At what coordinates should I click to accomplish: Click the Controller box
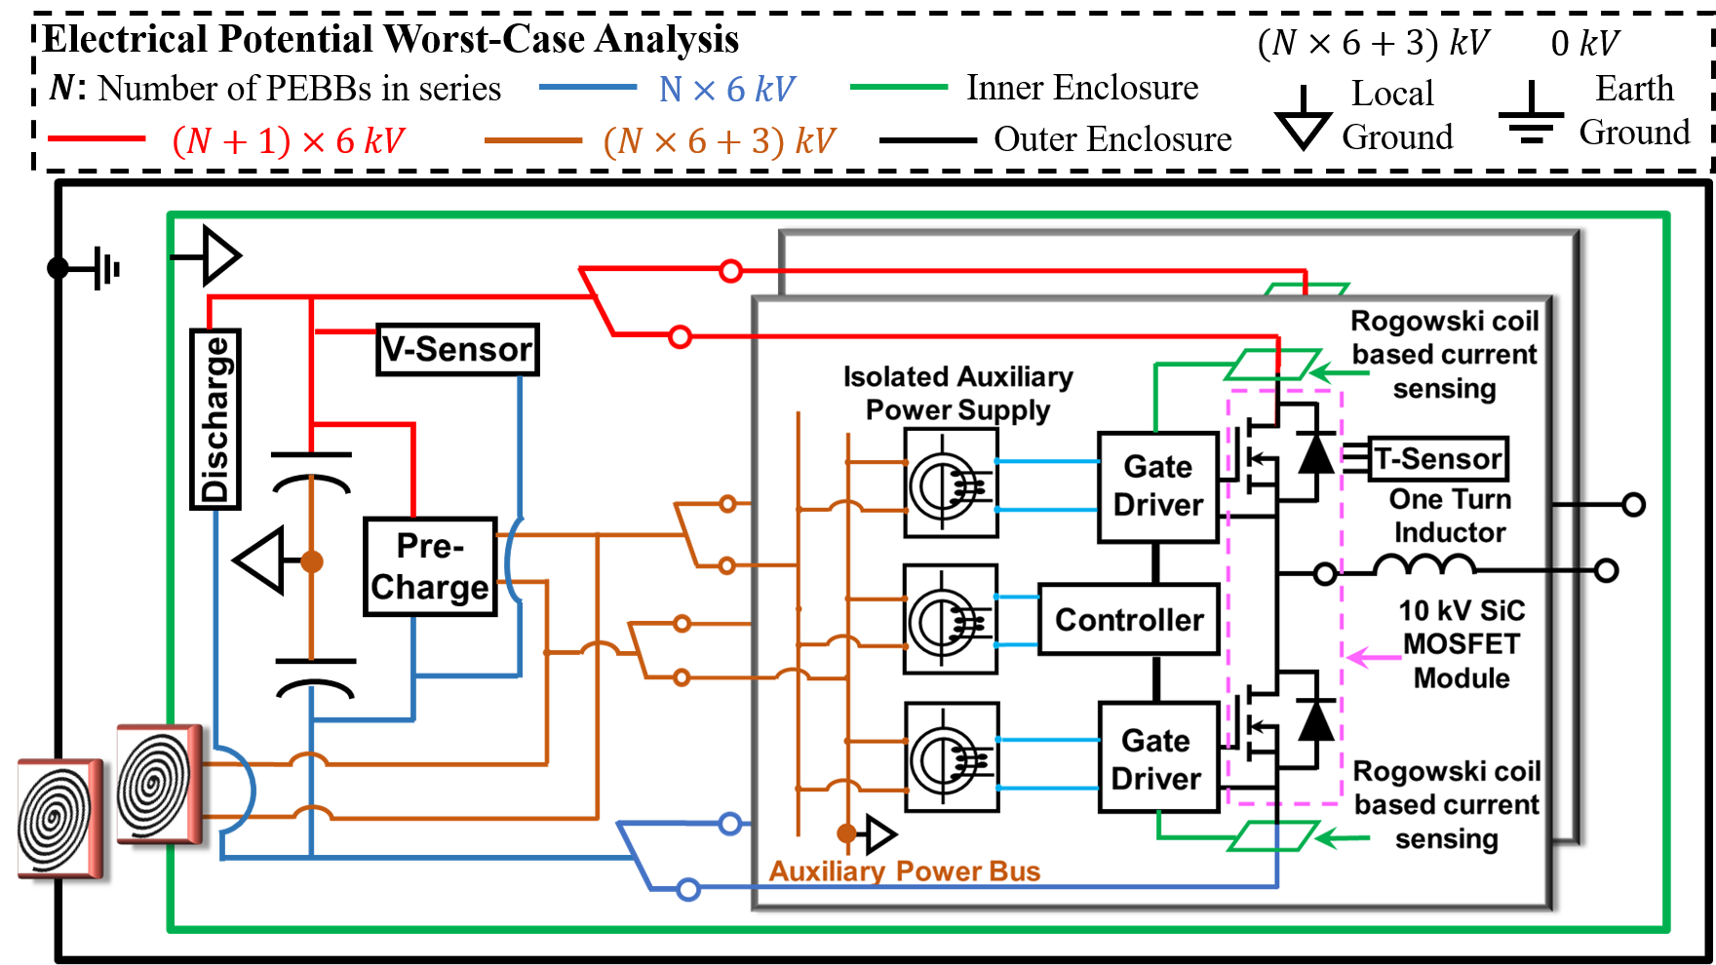[1129, 620]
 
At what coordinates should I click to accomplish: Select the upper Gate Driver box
[1158, 486]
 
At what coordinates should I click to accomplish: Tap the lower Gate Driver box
[1157, 758]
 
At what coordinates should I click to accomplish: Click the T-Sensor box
[1438, 459]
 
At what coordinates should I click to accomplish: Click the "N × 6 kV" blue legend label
[727, 90]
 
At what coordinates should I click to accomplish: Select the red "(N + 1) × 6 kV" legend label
[288, 141]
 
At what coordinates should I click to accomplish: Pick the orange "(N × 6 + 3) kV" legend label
[720, 141]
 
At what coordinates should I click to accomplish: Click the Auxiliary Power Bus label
[905, 871]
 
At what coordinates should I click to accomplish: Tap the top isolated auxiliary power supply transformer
[951, 483]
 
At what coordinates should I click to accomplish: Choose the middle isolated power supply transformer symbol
[951, 620]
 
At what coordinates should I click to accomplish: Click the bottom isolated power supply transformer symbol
[952, 757]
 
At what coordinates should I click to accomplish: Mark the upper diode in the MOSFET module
[1316, 454]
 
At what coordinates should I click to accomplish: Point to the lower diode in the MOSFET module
[1316, 721]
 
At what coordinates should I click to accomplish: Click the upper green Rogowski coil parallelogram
[1272, 365]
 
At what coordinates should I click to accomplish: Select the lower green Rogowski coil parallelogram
[1272, 836]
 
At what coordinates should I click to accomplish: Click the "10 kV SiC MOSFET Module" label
[1462, 644]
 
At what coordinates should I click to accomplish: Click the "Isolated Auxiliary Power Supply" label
[957, 393]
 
